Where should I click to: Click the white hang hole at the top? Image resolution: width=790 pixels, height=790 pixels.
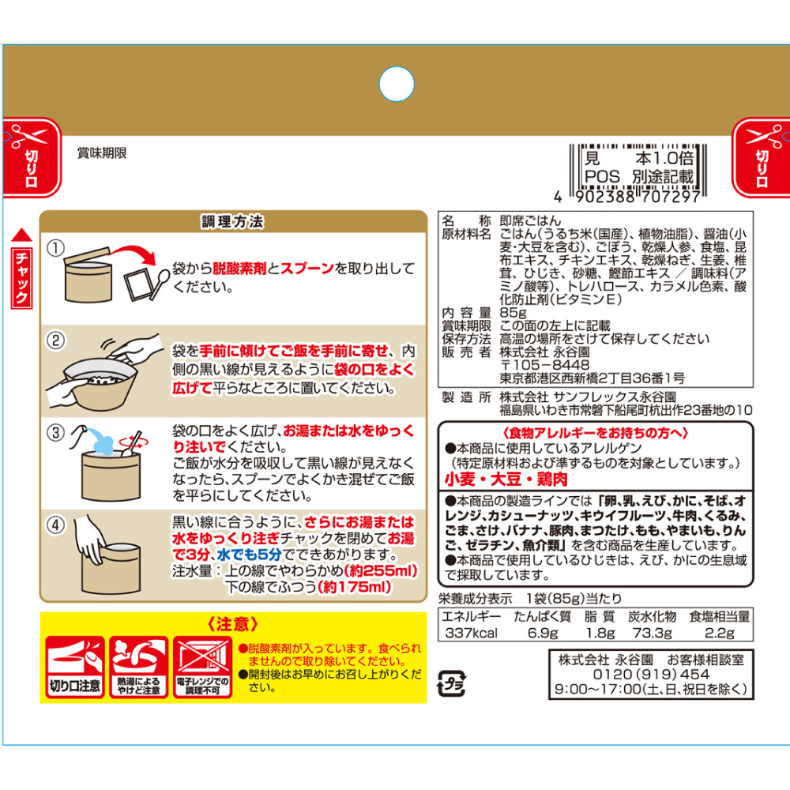click(397, 83)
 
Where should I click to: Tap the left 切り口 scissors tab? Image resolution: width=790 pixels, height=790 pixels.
click(32, 157)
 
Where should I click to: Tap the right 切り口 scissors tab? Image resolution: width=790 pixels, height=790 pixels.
click(761, 157)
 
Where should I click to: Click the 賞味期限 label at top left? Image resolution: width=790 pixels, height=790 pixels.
click(102, 153)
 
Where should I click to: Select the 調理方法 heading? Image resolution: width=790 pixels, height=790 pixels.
click(232, 222)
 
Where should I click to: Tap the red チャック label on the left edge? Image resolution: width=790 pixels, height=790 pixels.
click(23, 277)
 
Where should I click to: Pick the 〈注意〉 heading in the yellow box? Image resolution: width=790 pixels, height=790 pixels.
click(232, 624)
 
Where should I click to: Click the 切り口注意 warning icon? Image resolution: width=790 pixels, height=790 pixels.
click(74, 667)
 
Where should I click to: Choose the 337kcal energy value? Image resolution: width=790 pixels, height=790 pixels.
click(471, 633)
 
